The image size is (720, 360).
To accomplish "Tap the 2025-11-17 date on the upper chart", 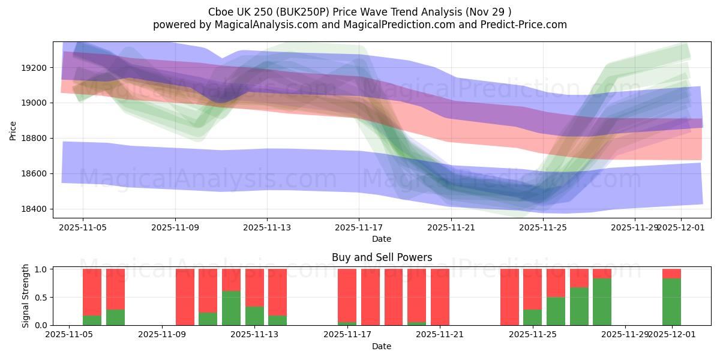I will tap(359, 227).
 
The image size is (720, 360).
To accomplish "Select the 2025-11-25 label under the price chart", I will tap(543, 227).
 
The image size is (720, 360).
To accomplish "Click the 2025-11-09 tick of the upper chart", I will tap(175, 227).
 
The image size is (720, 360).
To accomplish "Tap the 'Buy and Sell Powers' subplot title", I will tap(382, 257).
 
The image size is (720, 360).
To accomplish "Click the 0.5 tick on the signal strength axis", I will tap(41, 298).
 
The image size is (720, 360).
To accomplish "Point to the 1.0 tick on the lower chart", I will tap(41, 269).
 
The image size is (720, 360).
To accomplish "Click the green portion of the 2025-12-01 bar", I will tap(671, 302).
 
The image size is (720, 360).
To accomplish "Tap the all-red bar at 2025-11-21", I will tap(440, 297).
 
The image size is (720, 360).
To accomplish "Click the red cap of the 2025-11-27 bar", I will tap(602, 274).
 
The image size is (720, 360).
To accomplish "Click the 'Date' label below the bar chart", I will tap(382, 346).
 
